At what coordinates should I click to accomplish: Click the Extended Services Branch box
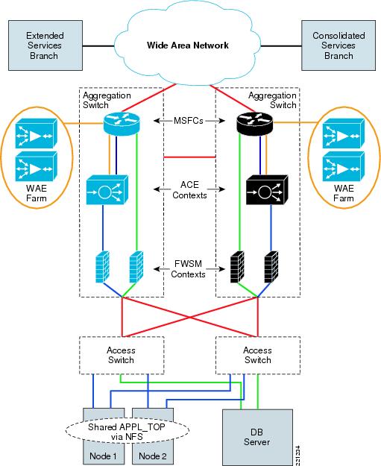click(45, 45)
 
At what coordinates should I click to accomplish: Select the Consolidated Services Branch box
click(339, 45)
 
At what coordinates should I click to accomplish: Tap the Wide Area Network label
click(188, 45)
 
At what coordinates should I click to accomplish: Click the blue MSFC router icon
click(122, 124)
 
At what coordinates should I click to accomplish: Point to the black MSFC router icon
click(254, 124)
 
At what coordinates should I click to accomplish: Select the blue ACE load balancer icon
click(107, 190)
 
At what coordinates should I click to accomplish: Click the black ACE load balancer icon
click(267, 190)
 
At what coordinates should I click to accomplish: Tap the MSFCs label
click(189, 121)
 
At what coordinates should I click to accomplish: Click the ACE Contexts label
click(189, 190)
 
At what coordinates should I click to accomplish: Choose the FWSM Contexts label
click(188, 268)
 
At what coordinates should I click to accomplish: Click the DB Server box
click(257, 437)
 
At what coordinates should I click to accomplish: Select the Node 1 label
click(103, 456)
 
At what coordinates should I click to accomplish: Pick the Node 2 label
click(152, 456)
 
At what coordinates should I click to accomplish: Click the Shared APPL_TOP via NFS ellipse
click(127, 432)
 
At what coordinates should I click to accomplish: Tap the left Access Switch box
click(122, 355)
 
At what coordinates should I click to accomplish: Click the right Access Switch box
click(258, 355)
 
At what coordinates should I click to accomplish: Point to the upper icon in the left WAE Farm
click(36, 133)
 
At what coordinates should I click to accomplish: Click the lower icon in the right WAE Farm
click(343, 166)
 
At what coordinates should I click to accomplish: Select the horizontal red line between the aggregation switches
click(189, 157)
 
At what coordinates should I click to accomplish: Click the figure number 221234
click(298, 456)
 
